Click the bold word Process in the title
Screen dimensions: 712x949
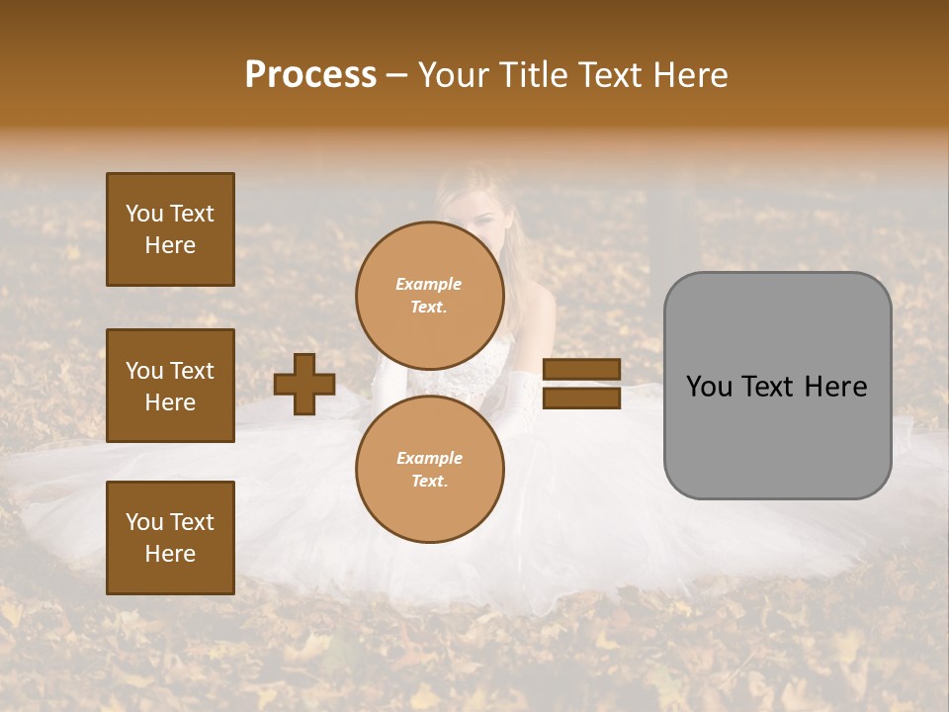pyautogui.click(x=310, y=75)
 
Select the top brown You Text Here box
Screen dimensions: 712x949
pyautogui.click(x=170, y=229)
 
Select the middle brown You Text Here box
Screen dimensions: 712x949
pyautogui.click(x=170, y=386)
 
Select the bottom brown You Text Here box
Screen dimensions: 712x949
pyautogui.click(x=170, y=537)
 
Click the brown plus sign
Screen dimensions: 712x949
pyautogui.click(x=303, y=384)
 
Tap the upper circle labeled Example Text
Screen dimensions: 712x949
pyautogui.click(x=429, y=296)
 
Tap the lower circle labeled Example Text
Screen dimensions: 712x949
pyautogui.click(x=429, y=470)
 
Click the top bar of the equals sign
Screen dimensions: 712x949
pyautogui.click(x=582, y=370)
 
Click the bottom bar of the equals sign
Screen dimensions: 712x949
pyautogui.click(x=582, y=398)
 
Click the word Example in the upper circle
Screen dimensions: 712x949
pyautogui.click(x=429, y=284)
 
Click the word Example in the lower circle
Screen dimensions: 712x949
pyautogui.click(x=429, y=458)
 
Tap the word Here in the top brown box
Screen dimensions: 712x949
pyautogui.click(x=170, y=245)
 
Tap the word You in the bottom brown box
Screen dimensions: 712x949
pyautogui.click(x=144, y=522)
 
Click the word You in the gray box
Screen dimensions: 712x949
pyautogui.click(x=709, y=387)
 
